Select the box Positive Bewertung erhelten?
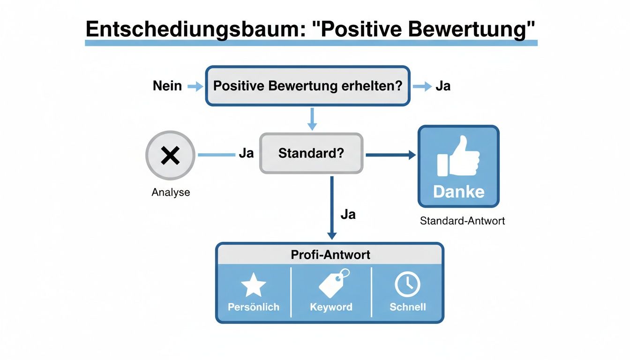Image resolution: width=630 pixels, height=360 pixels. click(x=307, y=86)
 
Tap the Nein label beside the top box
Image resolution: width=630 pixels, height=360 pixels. click(x=167, y=86)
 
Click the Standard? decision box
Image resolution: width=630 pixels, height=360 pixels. click(x=311, y=153)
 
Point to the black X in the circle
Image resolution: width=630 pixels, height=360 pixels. click(x=170, y=155)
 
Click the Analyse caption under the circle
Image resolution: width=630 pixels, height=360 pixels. click(x=171, y=192)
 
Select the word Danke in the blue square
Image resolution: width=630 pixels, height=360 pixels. click(x=458, y=191)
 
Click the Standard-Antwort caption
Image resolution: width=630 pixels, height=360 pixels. click(x=462, y=221)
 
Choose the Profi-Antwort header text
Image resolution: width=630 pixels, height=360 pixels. click(x=330, y=255)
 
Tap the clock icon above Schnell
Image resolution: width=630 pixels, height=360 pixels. click(x=407, y=284)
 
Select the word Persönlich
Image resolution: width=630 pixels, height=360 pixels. click(x=253, y=307)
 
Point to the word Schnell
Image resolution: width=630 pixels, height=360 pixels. click(x=408, y=307)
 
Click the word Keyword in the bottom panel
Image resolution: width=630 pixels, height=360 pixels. click(x=331, y=307)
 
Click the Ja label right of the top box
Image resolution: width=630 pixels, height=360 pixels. click(x=443, y=86)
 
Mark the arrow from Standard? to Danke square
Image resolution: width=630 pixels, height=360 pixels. click(x=390, y=155)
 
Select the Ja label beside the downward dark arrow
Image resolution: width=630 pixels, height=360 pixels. click(x=348, y=215)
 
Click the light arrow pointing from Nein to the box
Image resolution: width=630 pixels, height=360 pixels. click(x=195, y=86)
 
